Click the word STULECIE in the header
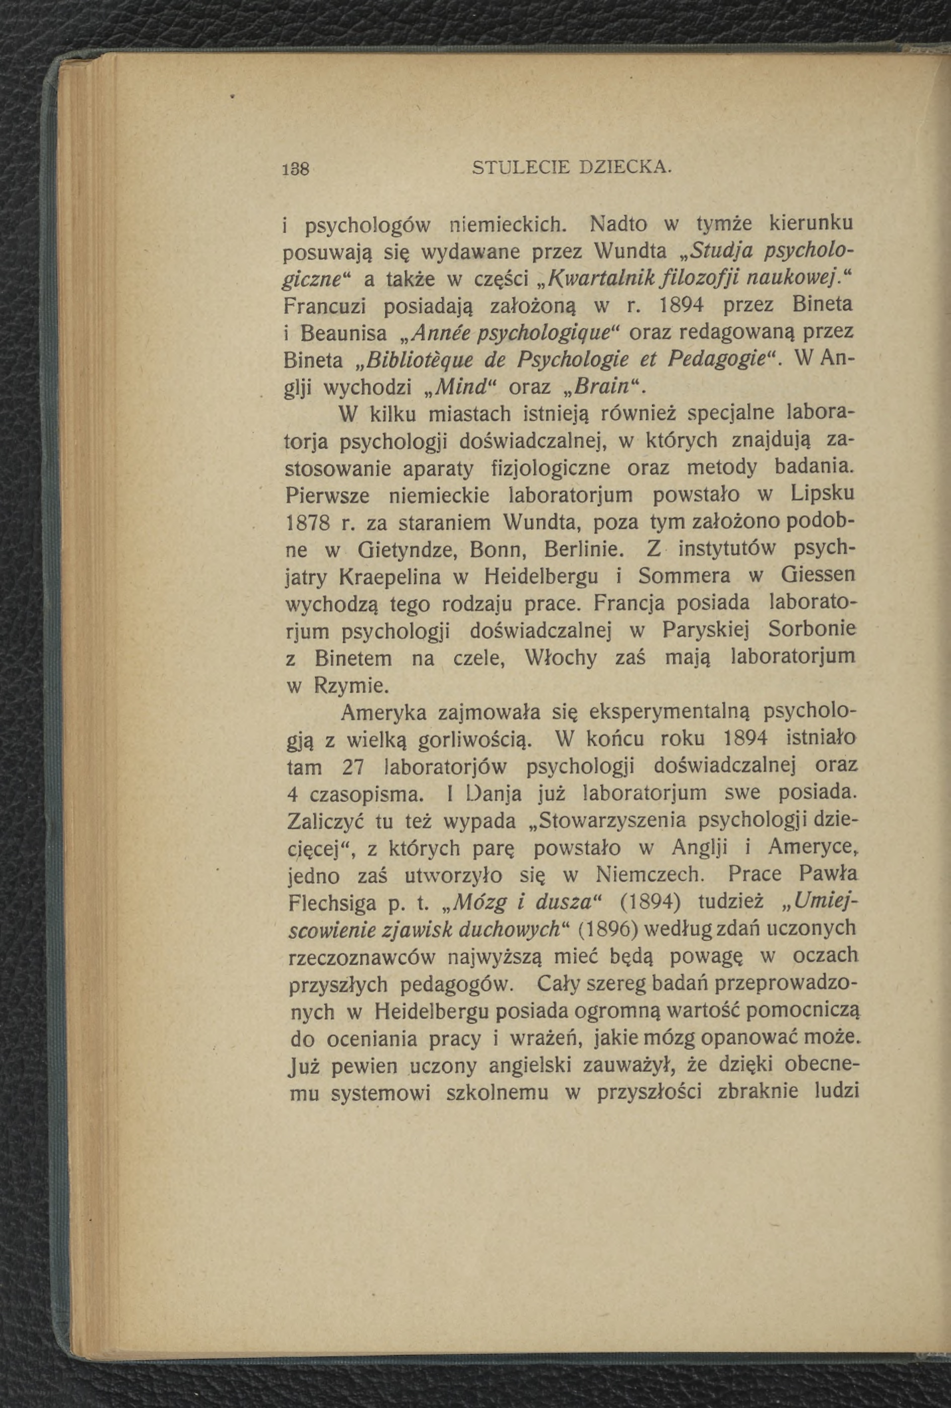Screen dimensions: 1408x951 click(519, 166)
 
